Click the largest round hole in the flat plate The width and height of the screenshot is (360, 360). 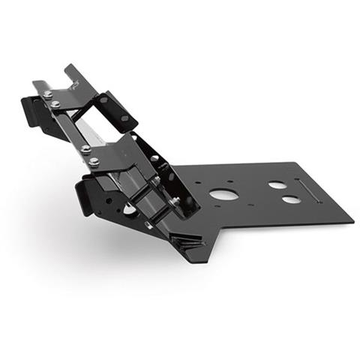(223, 194)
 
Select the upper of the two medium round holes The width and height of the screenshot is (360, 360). (277, 184)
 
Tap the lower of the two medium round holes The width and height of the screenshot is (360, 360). (289, 200)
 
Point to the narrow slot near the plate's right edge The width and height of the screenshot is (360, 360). (310, 192)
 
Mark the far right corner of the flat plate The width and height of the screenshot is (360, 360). (352, 221)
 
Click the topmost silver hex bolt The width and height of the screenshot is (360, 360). (48, 94)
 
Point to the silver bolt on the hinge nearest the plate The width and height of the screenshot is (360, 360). (176, 201)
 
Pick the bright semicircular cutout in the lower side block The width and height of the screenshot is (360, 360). (130, 211)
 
